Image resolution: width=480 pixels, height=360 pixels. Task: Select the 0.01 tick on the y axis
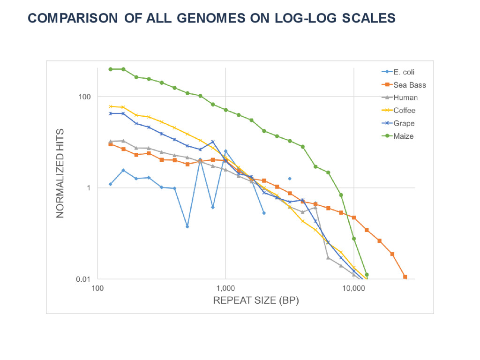coord(83,279)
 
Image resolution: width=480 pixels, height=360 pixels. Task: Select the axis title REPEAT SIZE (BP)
coord(256,300)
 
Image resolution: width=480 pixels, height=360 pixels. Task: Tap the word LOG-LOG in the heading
coord(302,18)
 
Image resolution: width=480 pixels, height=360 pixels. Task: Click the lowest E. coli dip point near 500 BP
coord(187,226)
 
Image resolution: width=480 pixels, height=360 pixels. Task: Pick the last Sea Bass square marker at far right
coord(405,277)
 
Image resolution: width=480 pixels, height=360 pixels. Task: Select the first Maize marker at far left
coord(111,69)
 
